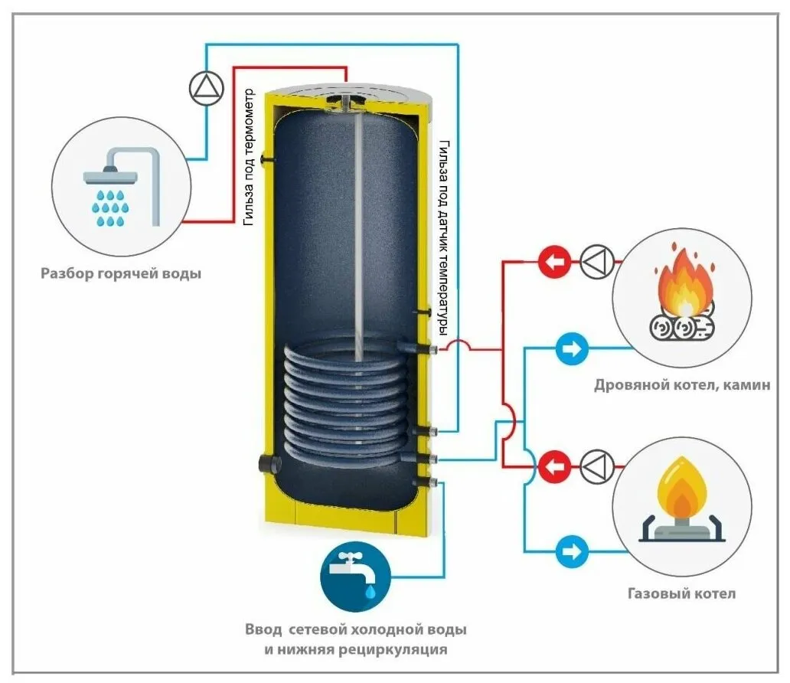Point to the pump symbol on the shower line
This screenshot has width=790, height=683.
click(204, 90)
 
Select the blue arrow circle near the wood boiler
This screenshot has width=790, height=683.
click(571, 349)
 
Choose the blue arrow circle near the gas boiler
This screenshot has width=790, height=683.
click(571, 551)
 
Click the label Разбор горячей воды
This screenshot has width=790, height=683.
click(121, 273)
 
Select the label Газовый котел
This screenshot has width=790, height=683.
click(681, 593)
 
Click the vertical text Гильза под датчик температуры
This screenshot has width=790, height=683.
click(442, 237)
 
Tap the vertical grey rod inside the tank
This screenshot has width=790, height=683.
click(357, 230)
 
